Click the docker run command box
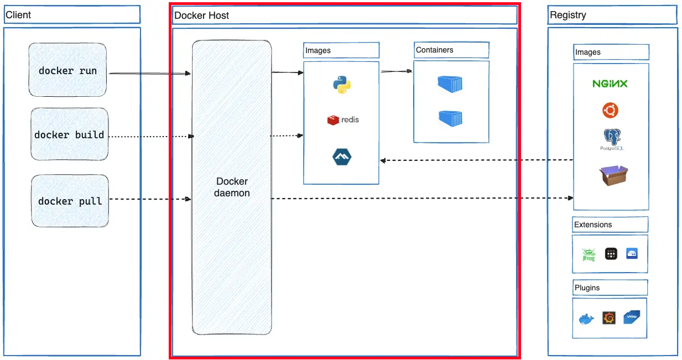pyautogui.click(x=67, y=70)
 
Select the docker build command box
pyautogui.click(x=70, y=134)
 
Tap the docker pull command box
pyautogui.click(x=70, y=201)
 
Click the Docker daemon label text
pyautogui.click(x=232, y=187)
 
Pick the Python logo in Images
pyautogui.click(x=342, y=84)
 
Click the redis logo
pyautogui.click(x=343, y=120)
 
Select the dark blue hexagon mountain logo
pyautogui.click(x=342, y=156)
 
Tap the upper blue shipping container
pyautogui.click(x=450, y=84)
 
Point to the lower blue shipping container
pyautogui.click(x=451, y=118)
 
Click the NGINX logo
pyautogui.click(x=610, y=84)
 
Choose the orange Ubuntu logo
pyautogui.click(x=610, y=110)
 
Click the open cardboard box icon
pyautogui.click(x=613, y=175)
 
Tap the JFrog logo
pyautogui.click(x=589, y=254)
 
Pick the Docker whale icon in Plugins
pyautogui.click(x=586, y=319)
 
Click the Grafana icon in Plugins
pyautogui.click(x=609, y=318)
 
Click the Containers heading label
pyautogui.click(x=434, y=50)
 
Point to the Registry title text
pyautogui.click(x=568, y=15)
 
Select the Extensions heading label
pyautogui.click(x=593, y=225)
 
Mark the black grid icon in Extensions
pyautogui.click(x=611, y=254)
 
